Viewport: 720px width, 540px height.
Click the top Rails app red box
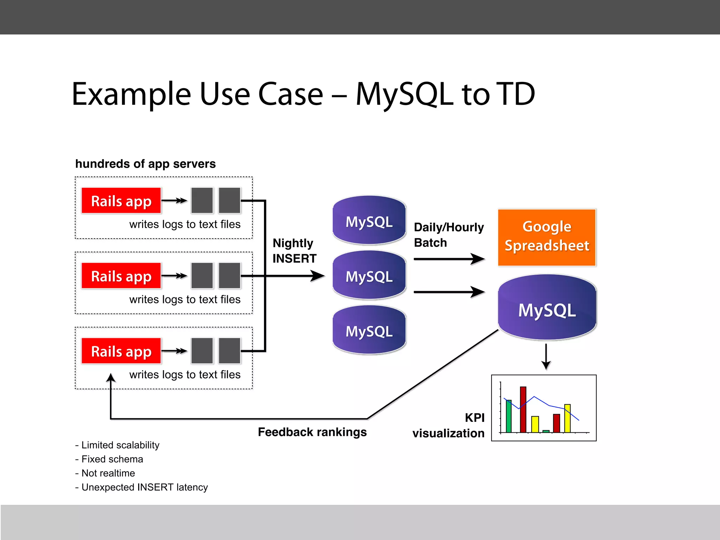[121, 201]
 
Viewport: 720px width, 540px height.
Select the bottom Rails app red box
[121, 351]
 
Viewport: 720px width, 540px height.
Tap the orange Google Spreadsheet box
[547, 237]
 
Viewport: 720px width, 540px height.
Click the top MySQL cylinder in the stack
[369, 220]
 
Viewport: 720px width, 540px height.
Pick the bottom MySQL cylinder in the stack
[369, 330]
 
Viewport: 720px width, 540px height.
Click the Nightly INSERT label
[294, 251]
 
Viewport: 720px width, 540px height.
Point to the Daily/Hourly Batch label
[449, 235]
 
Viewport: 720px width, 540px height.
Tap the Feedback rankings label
[312, 432]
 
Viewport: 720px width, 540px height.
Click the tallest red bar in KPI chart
[523, 410]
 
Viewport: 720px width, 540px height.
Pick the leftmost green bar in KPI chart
[508, 416]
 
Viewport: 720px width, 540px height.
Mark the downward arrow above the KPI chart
[546, 357]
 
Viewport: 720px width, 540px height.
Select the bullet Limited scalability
[117, 445]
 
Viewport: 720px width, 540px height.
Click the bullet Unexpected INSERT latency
[141, 487]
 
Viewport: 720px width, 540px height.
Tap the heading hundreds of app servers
[145, 164]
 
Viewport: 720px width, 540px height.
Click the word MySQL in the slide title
[404, 94]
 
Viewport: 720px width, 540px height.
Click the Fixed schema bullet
[109, 459]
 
